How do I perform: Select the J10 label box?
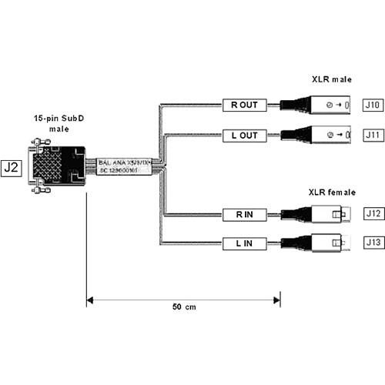(x=373, y=104)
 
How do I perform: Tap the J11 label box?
(x=373, y=136)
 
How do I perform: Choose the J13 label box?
(x=373, y=244)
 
